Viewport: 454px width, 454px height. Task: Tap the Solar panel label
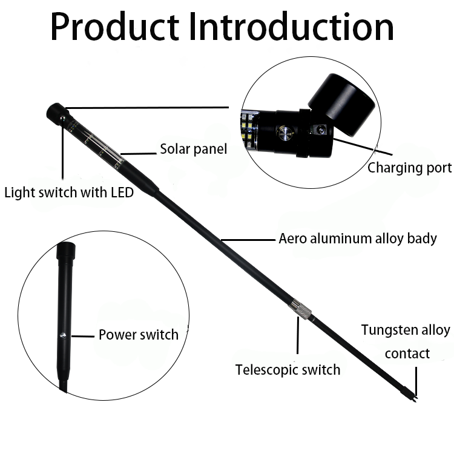click(193, 148)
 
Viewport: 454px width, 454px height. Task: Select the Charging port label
click(409, 168)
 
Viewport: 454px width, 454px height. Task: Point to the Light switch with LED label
click(68, 193)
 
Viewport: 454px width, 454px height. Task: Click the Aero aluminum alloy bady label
click(357, 239)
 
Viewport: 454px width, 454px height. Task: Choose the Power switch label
click(138, 335)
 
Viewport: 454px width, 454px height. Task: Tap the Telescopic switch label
click(288, 369)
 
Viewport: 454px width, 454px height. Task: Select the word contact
click(407, 354)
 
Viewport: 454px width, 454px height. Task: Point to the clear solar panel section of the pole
click(97, 142)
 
